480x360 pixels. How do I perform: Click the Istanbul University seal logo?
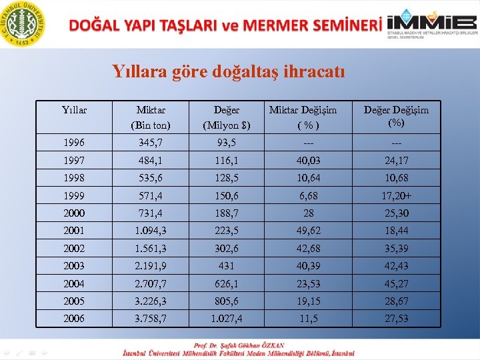pyautogui.click(x=25, y=24)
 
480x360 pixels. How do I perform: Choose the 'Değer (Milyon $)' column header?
pyautogui.click(x=227, y=117)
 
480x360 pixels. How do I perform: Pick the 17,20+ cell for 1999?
pyautogui.click(x=396, y=196)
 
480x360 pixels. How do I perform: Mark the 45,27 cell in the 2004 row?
pyautogui.click(x=396, y=283)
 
